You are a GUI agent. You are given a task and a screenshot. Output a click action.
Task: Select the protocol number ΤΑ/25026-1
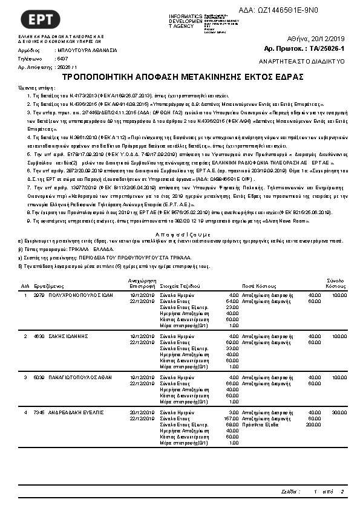326,48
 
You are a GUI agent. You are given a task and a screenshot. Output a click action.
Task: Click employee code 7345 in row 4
39,412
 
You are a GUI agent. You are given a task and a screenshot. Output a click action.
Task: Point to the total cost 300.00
339,412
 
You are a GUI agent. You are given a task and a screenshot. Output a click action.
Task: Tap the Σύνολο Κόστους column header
336,282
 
